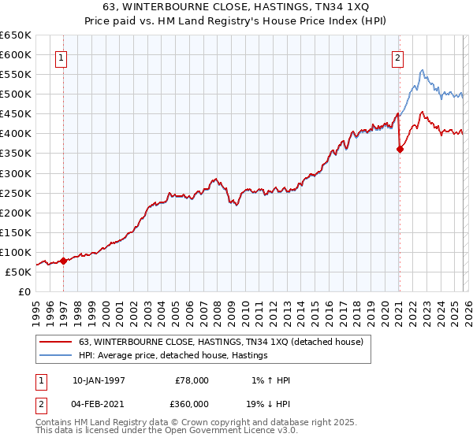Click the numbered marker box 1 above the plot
point(61,57)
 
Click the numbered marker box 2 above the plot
point(399,57)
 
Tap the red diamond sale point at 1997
point(63,261)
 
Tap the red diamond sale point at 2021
point(400,149)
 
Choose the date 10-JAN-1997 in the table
point(99,380)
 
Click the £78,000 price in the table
point(192,380)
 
